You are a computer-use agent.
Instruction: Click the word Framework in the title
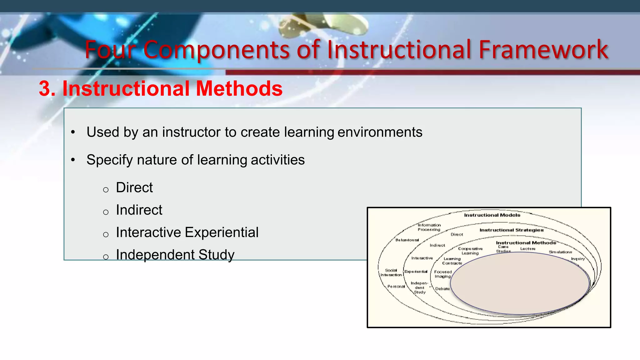[543, 49]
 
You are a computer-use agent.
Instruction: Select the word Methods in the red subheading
[239, 88]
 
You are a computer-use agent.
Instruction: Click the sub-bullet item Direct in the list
[134, 187]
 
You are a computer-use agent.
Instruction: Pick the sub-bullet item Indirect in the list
[139, 210]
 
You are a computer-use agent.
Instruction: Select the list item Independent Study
[175, 255]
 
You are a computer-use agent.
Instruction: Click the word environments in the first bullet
[380, 132]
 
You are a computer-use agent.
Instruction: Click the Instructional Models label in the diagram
[492, 215]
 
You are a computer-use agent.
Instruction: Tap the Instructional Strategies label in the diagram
[511, 230]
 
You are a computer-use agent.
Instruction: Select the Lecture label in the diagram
[528, 249]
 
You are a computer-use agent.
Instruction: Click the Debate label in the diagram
[442, 289]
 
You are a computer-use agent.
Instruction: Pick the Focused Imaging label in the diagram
[443, 274]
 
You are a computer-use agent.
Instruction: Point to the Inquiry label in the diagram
[577, 259]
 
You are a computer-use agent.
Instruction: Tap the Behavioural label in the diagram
[407, 240]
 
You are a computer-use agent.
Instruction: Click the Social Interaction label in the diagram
[391, 272]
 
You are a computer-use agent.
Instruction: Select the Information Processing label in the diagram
[429, 227]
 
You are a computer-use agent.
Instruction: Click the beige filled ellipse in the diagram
[520, 283]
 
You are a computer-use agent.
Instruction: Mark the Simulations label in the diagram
[560, 252]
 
